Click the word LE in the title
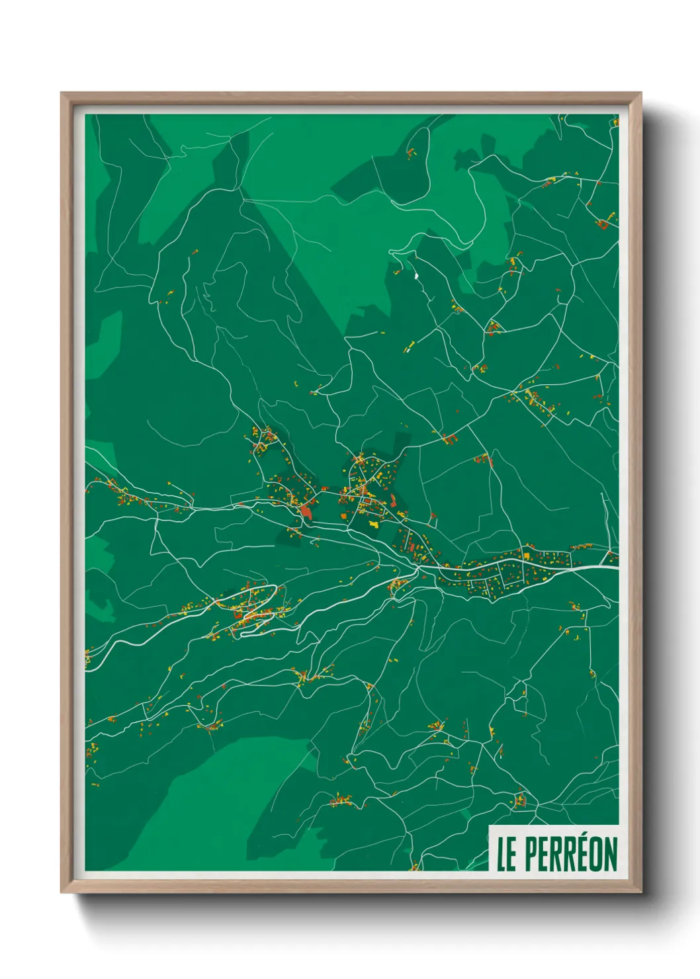pos(506,854)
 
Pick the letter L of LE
pos(502,854)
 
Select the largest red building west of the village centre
pos(306,510)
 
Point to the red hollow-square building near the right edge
pos(603,224)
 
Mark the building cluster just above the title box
pos(519,801)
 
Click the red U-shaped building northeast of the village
pos(450,437)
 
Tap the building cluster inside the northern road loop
pos(412,153)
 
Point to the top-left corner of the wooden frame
pos(62,93)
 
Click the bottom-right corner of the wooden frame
pos(640,892)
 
